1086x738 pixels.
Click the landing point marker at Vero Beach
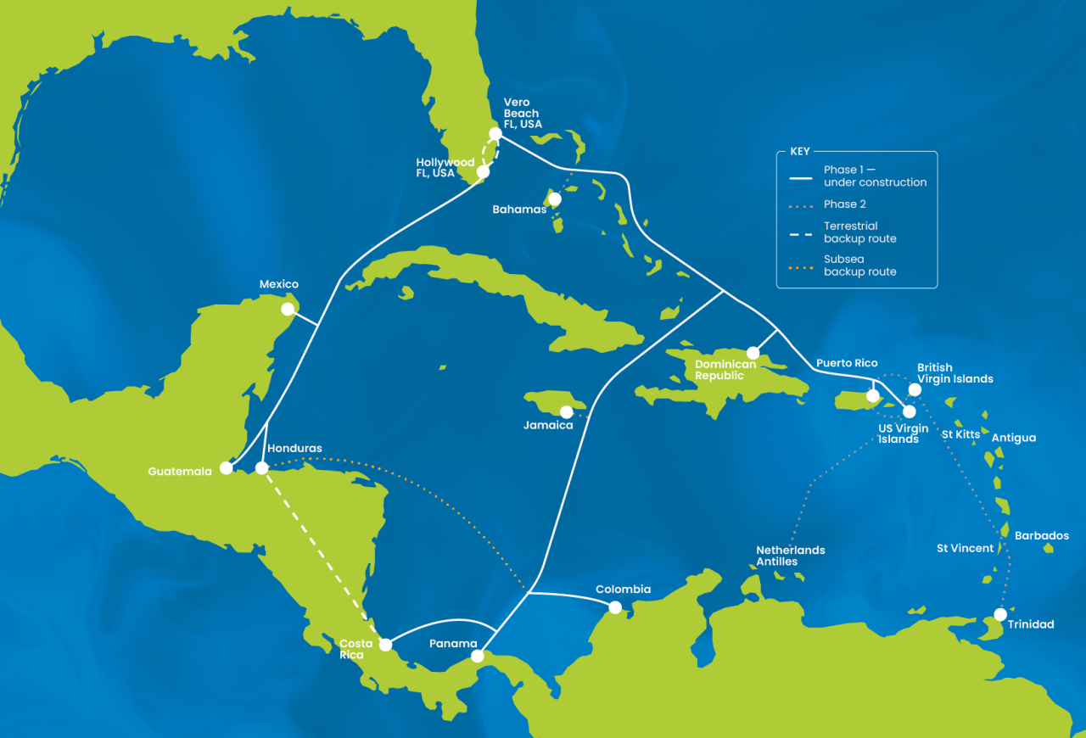click(495, 133)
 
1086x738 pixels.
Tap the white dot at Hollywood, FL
click(484, 171)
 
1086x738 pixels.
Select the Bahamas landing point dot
click(555, 198)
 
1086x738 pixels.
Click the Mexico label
click(279, 285)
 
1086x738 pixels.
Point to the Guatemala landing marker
click(226, 467)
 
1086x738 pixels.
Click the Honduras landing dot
click(261, 467)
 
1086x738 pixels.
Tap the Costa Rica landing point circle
click(385, 645)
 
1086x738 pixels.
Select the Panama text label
click(453, 644)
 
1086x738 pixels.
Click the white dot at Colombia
click(615, 607)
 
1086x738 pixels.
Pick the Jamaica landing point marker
click(566, 411)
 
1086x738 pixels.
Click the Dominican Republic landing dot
click(753, 353)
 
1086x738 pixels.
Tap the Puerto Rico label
click(847, 363)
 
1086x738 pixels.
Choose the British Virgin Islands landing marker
click(915, 389)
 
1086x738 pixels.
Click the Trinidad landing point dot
click(1001, 613)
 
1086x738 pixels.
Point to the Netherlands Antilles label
click(790, 556)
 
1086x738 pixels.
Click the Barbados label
click(1041, 536)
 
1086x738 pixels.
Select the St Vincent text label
click(965, 549)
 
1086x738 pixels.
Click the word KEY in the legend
click(800, 152)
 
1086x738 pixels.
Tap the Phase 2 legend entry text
click(844, 204)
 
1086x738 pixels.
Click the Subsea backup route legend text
click(859, 266)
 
